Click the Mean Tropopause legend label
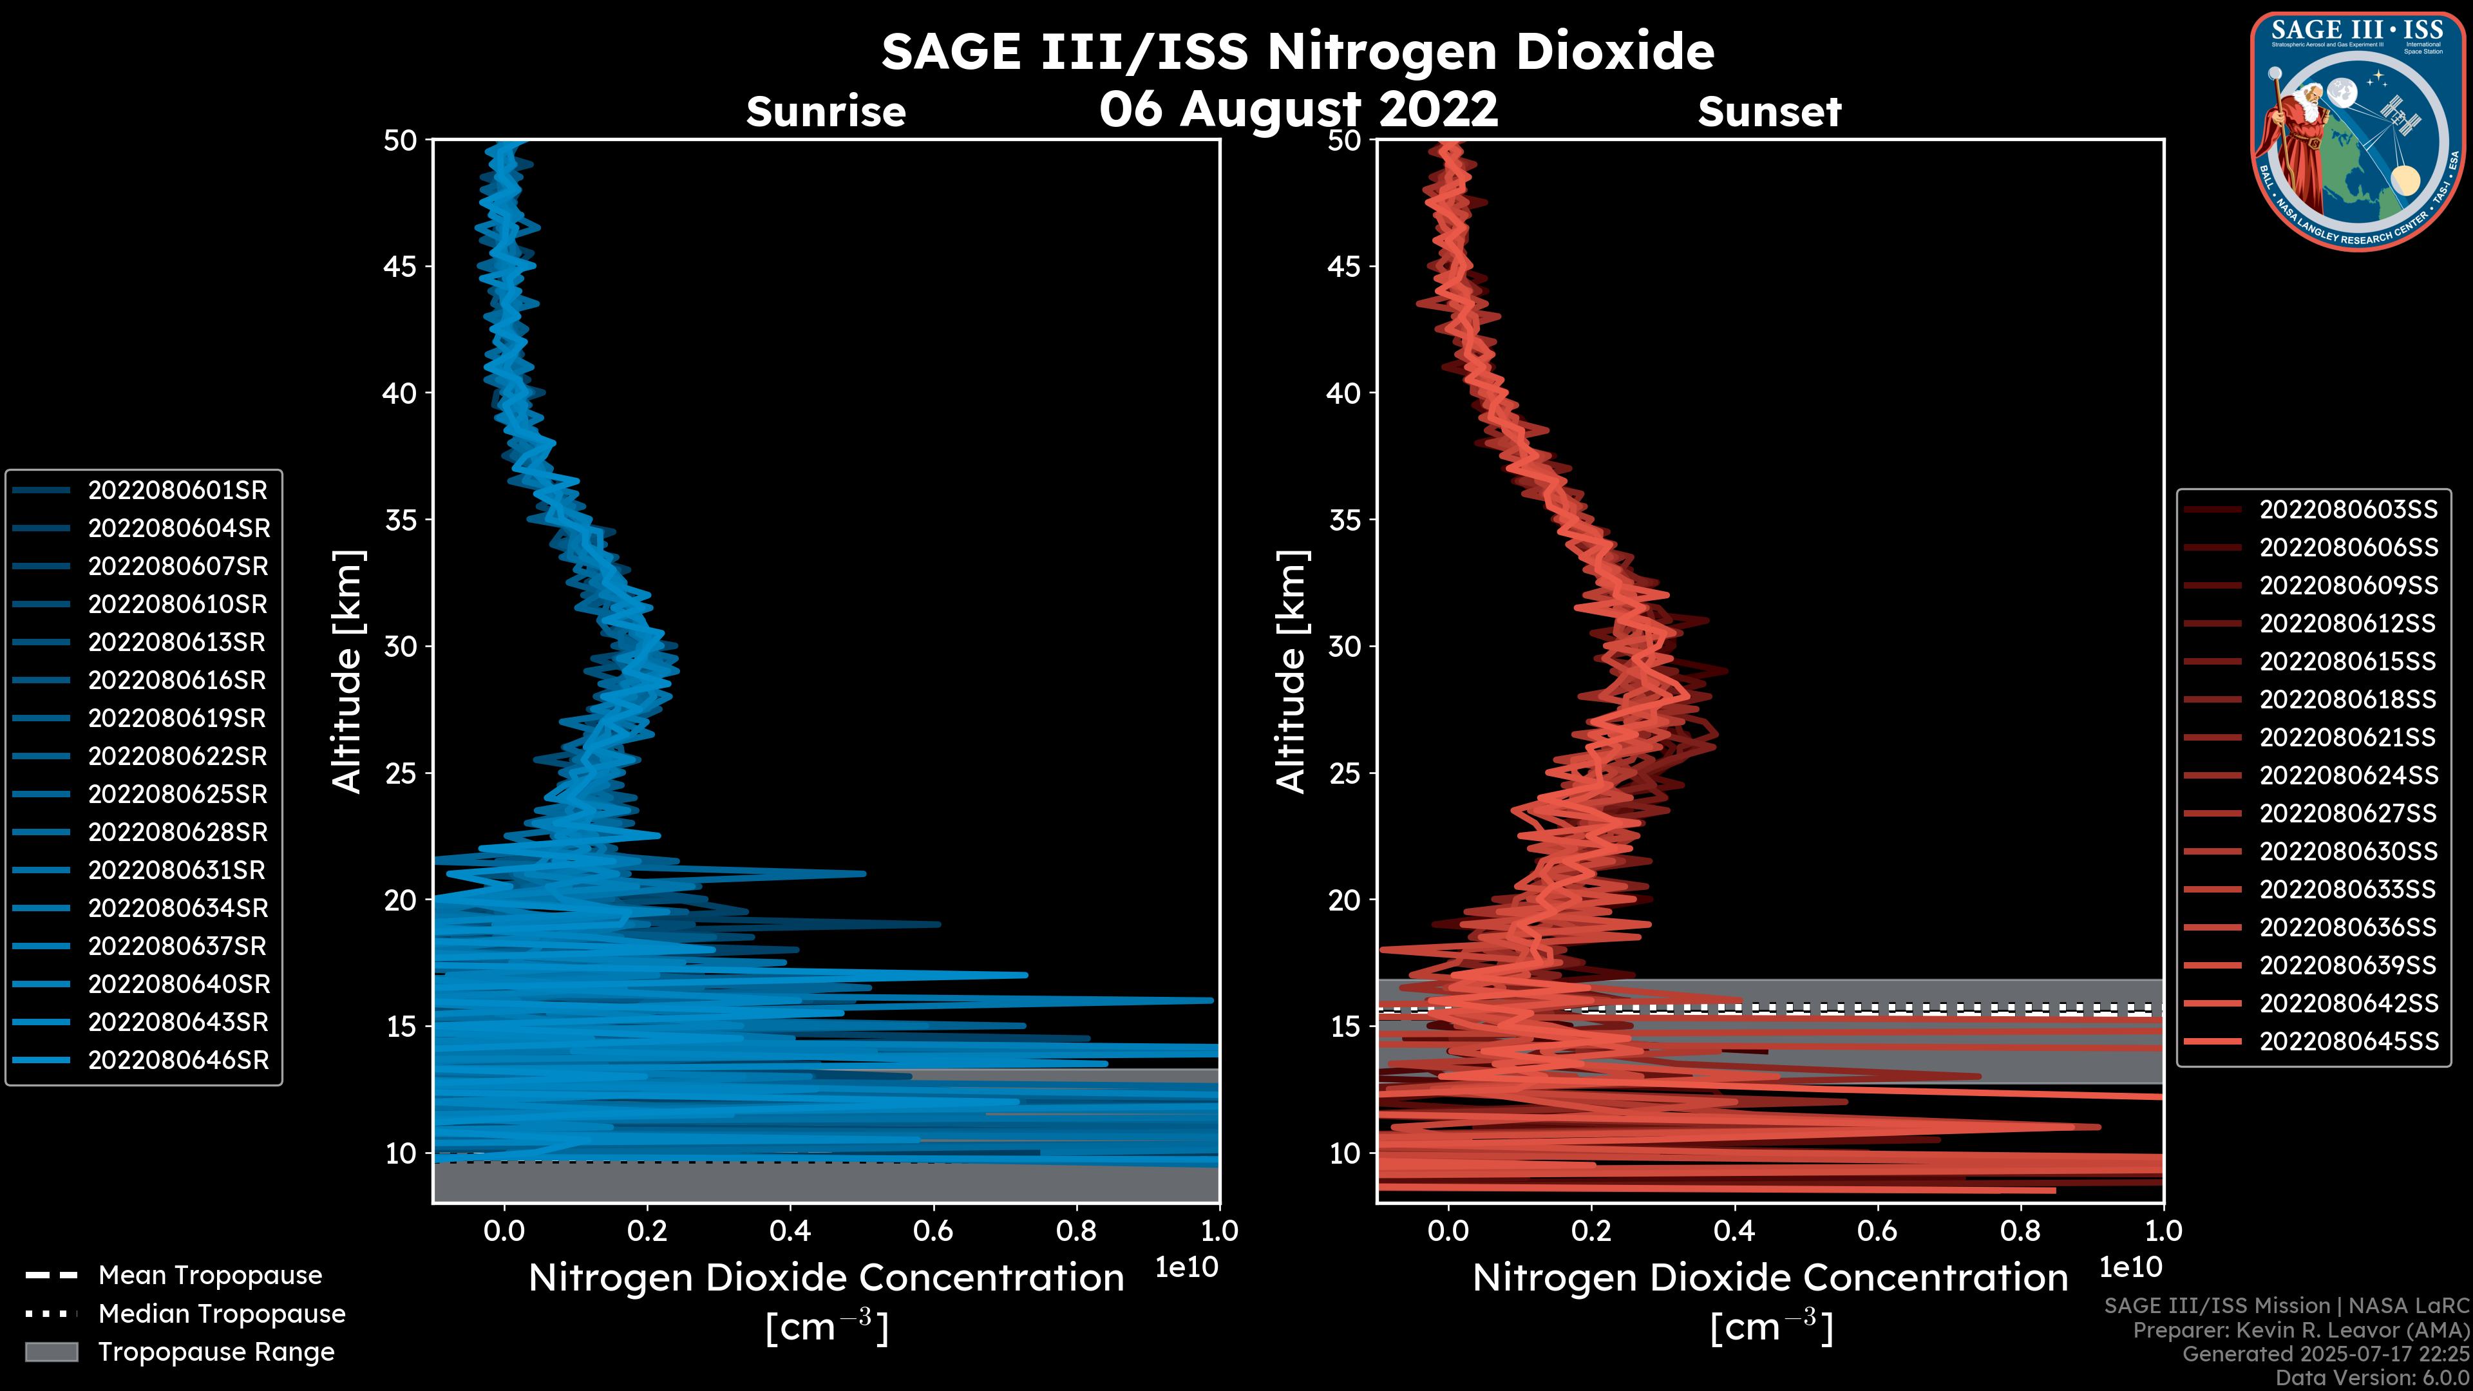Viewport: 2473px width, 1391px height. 210,1276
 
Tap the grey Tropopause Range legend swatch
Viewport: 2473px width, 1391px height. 51,1352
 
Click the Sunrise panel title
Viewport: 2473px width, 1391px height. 826,112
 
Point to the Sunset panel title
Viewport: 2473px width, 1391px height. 1769,112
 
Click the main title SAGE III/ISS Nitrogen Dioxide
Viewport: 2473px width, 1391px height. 1297,52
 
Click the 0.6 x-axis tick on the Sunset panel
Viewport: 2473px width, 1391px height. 1877,1231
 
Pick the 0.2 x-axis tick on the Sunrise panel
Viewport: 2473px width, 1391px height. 647,1231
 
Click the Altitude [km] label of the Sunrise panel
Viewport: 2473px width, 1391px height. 348,671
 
